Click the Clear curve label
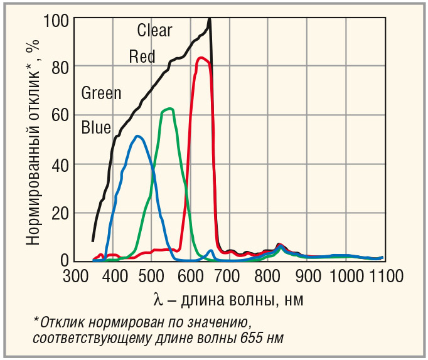pos(154,29)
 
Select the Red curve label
pos(142,56)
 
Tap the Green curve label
pos(101,93)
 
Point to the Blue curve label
pos(96,128)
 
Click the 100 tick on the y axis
pos(56,19)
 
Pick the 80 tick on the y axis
pos(60,66)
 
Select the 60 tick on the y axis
pos(60,115)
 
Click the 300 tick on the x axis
pos(75,277)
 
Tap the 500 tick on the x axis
pos(151,277)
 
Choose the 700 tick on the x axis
pos(227,277)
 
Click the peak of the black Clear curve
pos(209,19)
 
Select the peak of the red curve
pos(201,58)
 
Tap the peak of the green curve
pos(168,109)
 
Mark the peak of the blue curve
pos(137,136)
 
